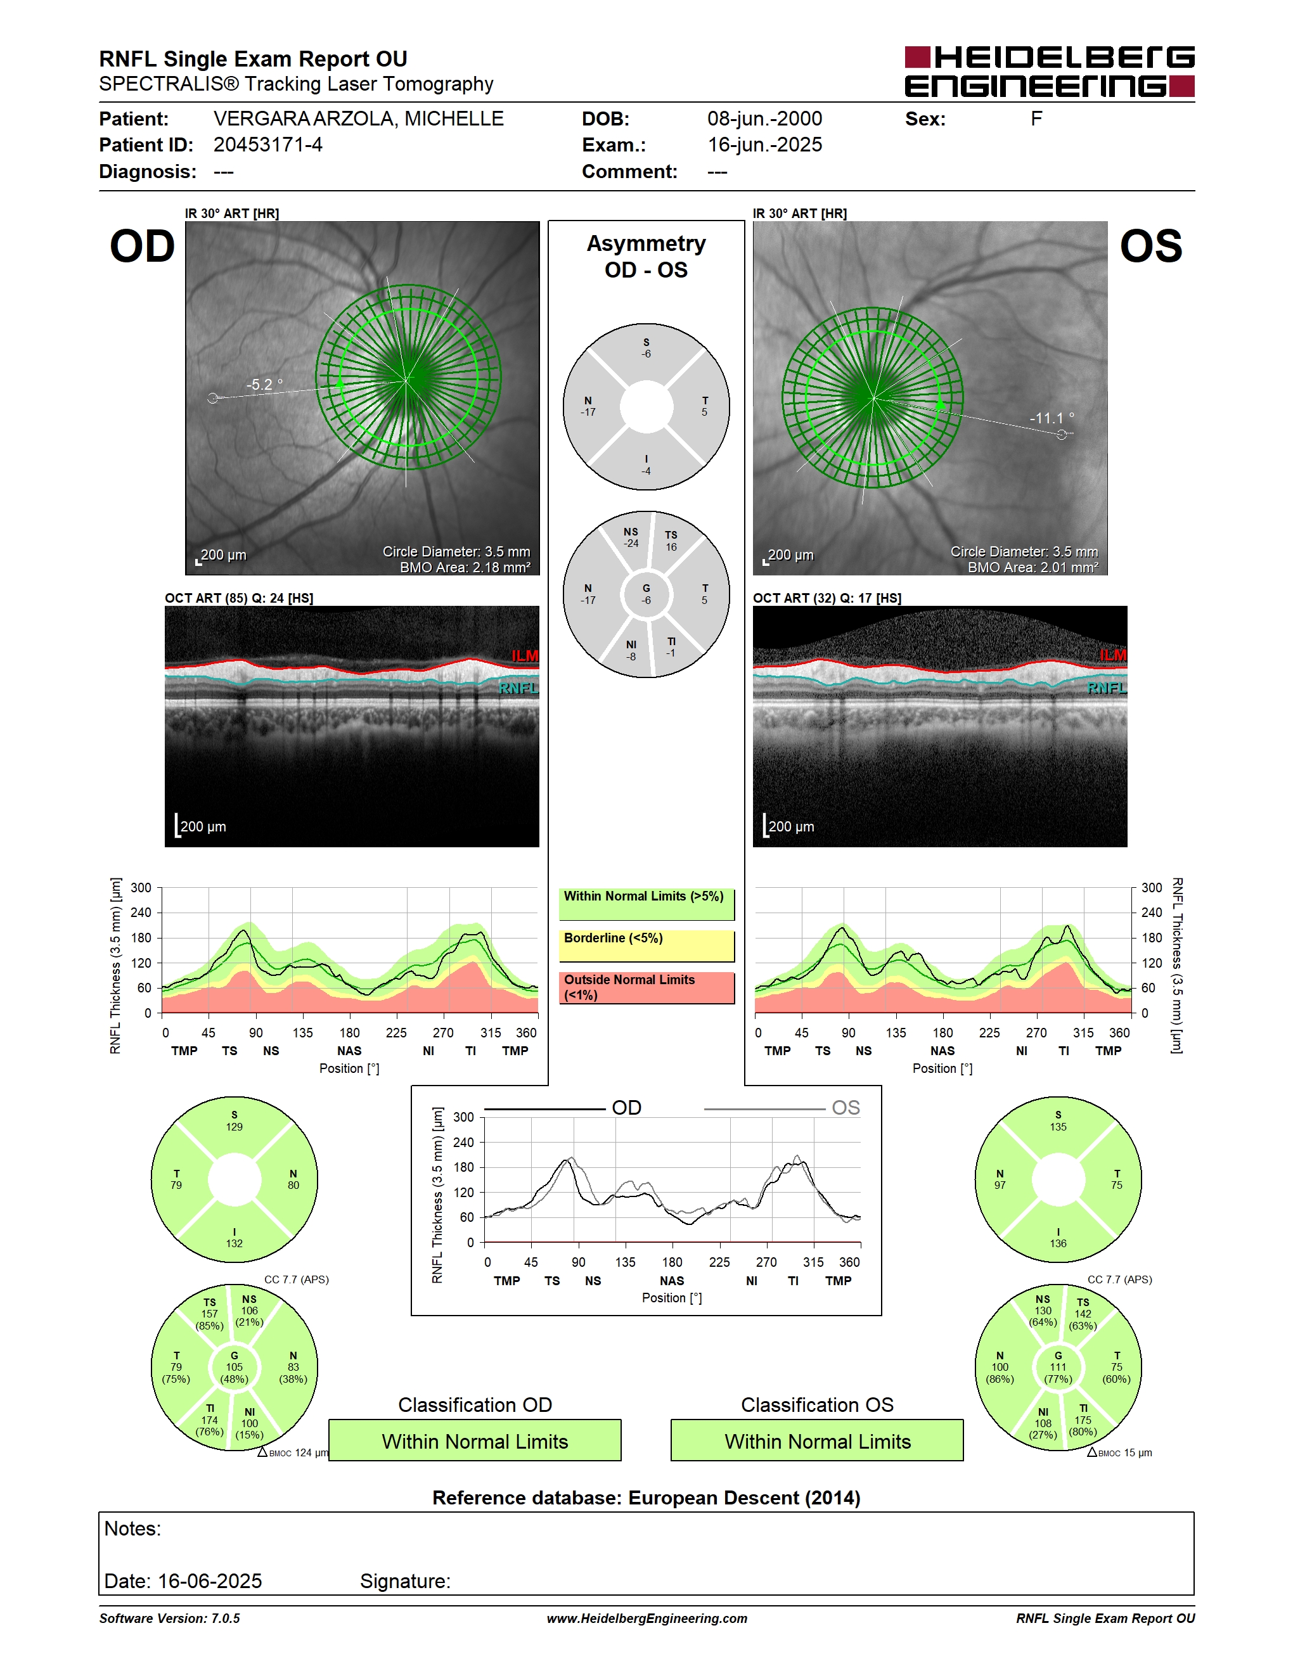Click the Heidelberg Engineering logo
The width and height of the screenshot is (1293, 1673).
pyautogui.click(x=1050, y=71)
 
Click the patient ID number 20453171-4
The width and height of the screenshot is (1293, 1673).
pyautogui.click(x=267, y=144)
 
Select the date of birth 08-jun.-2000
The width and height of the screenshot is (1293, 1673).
pyautogui.click(x=764, y=119)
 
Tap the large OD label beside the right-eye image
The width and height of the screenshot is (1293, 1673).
pyautogui.click(x=143, y=247)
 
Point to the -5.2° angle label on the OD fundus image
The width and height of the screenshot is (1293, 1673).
pyautogui.click(x=264, y=385)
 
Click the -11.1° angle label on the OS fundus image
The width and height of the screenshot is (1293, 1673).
pyautogui.click(x=1052, y=418)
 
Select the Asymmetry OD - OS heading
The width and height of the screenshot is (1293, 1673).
pyautogui.click(x=646, y=257)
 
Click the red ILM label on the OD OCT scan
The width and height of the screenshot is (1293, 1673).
pyautogui.click(x=525, y=656)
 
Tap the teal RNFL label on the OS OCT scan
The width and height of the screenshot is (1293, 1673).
pyautogui.click(x=1107, y=688)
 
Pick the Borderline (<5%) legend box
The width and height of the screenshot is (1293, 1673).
pyautogui.click(x=646, y=946)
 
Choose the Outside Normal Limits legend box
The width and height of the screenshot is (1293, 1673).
pyautogui.click(x=646, y=987)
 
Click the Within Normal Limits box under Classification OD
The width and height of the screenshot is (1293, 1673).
pyautogui.click(x=475, y=1440)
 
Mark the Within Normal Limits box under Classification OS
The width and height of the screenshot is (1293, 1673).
pyautogui.click(x=818, y=1440)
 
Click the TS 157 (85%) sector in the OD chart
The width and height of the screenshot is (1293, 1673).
pyautogui.click(x=209, y=1314)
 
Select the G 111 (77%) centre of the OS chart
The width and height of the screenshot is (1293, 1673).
pyautogui.click(x=1058, y=1368)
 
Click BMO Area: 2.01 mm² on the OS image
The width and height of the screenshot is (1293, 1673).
pyautogui.click(x=1032, y=568)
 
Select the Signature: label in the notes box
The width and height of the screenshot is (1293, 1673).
pyautogui.click(x=405, y=1581)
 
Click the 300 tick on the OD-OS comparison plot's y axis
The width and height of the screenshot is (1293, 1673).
pyautogui.click(x=463, y=1117)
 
